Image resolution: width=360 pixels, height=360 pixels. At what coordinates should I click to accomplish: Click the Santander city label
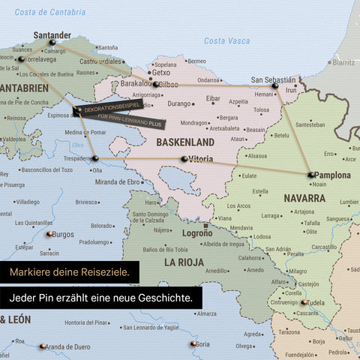[x=52, y=34]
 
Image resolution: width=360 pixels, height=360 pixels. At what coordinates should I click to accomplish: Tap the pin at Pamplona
[x=310, y=175]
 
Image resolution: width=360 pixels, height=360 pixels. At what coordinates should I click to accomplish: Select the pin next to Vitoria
[x=184, y=159]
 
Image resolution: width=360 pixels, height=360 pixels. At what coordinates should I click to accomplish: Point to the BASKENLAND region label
[x=186, y=141]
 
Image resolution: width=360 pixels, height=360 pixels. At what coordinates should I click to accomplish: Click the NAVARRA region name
[x=304, y=198]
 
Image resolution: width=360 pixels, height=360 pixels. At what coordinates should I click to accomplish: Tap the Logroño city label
[x=197, y=233]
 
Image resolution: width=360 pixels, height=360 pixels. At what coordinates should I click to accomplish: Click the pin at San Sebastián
[x=274, y=88]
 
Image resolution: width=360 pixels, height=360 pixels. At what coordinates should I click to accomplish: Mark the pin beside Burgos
[x=49, y=234]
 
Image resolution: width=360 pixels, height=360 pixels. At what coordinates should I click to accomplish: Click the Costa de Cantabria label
[x=50, y=12]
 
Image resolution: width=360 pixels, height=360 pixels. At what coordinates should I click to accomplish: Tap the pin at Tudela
[x=304, y=303]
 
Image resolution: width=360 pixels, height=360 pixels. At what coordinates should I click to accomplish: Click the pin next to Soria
[x=193, y=343]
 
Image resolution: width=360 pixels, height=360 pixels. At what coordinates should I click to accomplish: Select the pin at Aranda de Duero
[x=43, y=346]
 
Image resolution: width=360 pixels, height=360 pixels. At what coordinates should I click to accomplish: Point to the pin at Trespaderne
[x=95, y=158]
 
